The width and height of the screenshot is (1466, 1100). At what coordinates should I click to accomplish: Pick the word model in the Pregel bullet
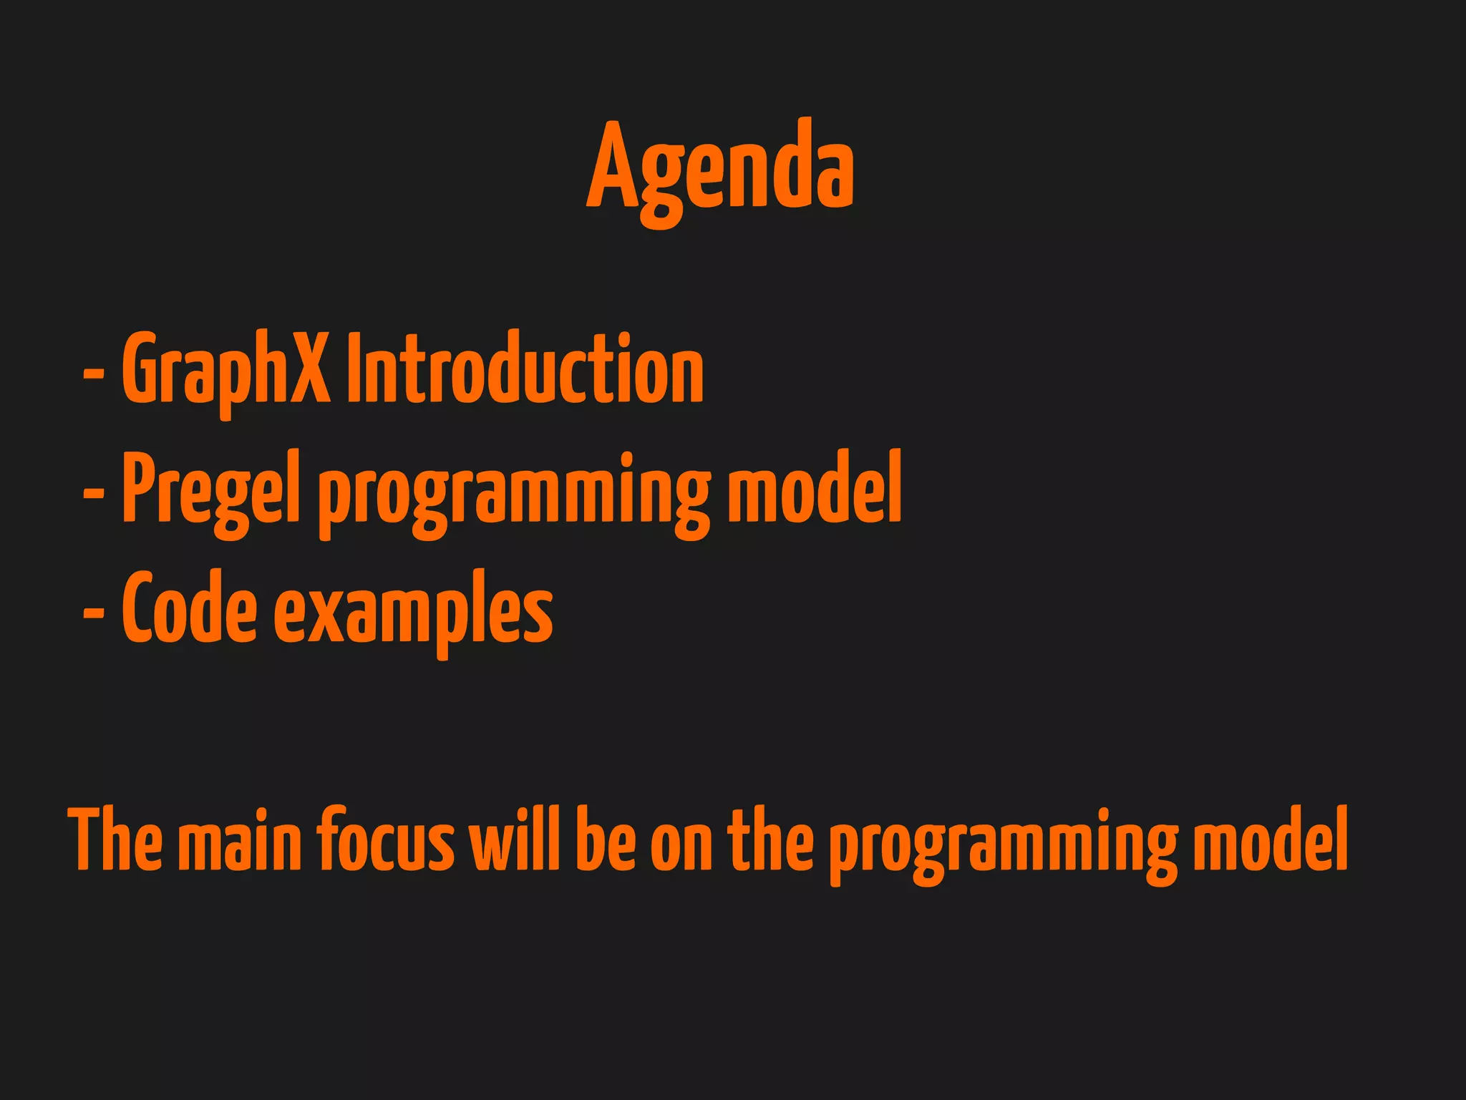[815, 488]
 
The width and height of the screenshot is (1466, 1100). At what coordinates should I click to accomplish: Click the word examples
[413, 613]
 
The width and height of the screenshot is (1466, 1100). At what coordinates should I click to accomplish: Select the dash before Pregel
[94, 493]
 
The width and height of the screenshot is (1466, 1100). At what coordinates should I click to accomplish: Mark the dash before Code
[94, 613]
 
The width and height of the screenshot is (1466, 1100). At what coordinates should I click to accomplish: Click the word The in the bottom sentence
[115, 839]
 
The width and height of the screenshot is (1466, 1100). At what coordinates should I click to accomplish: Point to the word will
[514, 839]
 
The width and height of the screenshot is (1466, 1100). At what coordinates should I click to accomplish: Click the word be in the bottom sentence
[605, 839]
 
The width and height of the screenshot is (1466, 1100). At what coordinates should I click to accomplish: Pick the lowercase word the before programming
[770, 839]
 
